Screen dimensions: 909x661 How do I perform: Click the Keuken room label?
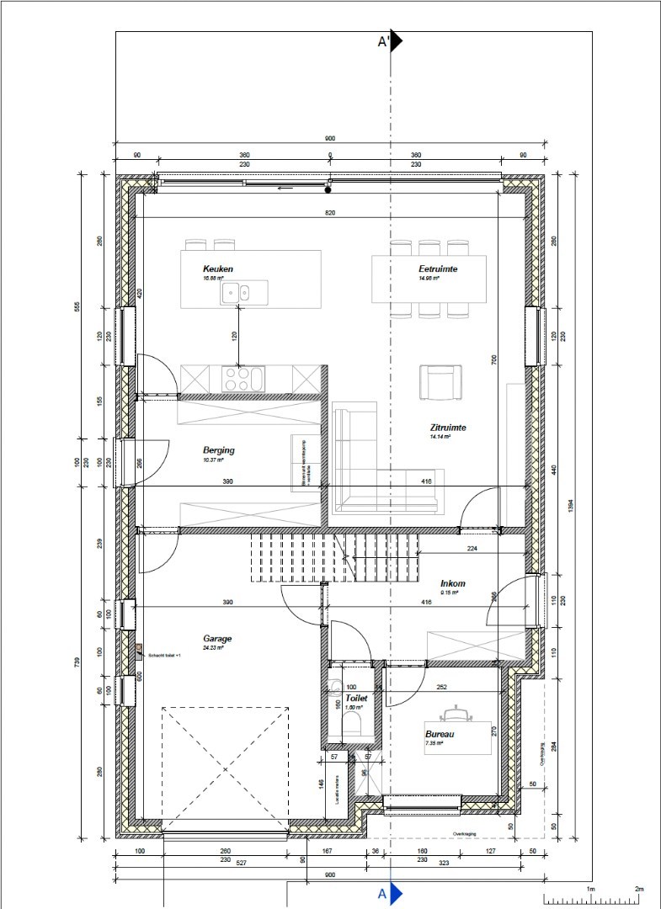point(217,269)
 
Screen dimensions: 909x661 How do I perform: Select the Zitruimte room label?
point(447,428)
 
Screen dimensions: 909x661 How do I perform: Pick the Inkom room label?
point(452,583)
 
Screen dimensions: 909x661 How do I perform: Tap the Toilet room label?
point(357,699)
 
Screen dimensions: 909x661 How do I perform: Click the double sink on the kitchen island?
point(236,292)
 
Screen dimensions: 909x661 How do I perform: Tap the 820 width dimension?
point(330,214)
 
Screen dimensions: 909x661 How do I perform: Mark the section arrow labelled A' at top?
point(395,41)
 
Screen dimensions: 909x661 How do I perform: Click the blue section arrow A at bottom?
point(396,893)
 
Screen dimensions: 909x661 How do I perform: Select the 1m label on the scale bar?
point(590,889)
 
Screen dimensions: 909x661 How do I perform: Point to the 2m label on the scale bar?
point(639,889)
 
